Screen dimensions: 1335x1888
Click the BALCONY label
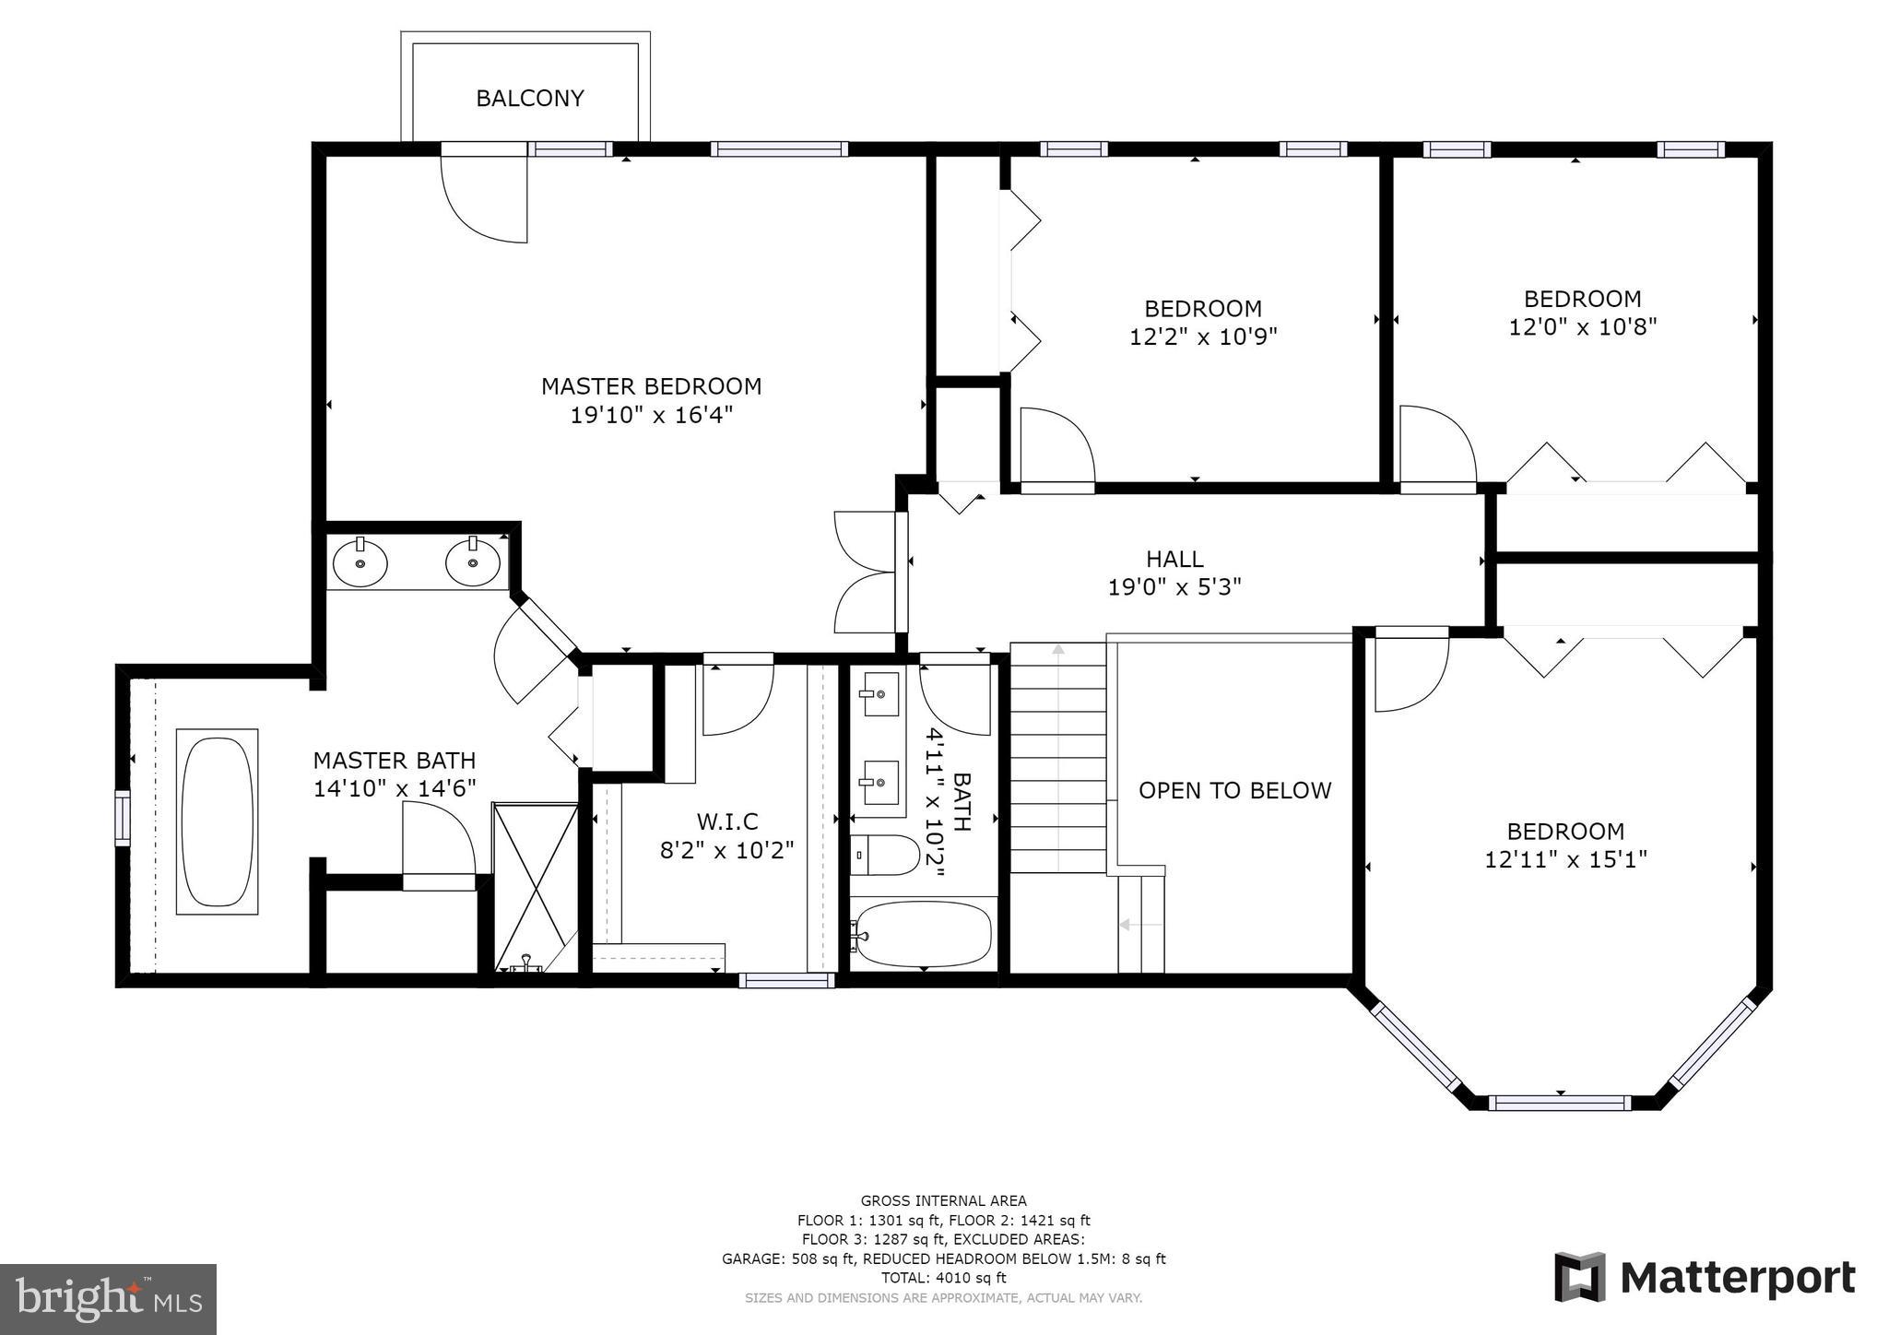[529, 99]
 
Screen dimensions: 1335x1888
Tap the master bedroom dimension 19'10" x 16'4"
[651, 415]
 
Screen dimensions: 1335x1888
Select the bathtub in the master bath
[217, 821]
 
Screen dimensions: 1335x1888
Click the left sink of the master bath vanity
[360, 562]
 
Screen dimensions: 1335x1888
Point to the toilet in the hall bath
[884, 856]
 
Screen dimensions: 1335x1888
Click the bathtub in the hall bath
[922, 934]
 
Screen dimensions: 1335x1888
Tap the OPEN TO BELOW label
[1234, 790]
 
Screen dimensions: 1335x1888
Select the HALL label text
[1174, 559]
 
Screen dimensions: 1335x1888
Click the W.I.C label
[727, 821]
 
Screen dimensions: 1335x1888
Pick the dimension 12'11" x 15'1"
[1565, 859]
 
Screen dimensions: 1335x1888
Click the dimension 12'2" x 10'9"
[1203, 337]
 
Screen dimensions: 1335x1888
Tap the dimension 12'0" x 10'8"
[1582, 326]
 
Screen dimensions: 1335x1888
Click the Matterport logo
[1705, 1278]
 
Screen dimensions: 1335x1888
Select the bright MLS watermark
[108, 1299]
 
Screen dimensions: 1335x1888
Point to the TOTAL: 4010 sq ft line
[943, 1278]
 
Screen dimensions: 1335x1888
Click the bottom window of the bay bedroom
[1560, 1103]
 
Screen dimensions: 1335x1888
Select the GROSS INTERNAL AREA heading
[943, 1200]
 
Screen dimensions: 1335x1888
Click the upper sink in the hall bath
[879, 693]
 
